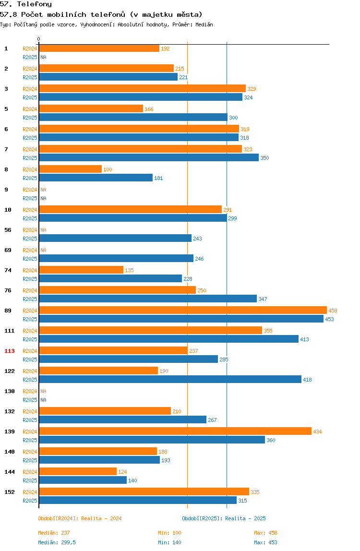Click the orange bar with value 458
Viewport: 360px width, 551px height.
pyautogui.click(x=183, y=310)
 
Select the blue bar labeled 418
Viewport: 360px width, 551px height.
pyautogui.click(x=170, y=380)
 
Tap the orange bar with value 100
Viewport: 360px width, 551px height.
pyautogui.click(x=70, y=169)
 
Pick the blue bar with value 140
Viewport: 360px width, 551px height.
pyautogui.click(x=83, y=480)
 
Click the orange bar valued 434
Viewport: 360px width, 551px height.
pyautogui.click(x=175, y=431)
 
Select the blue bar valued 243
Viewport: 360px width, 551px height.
pyautogui.click(x=115, y=238)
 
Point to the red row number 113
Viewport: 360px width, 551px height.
pyautogui.click(x=10, y=351)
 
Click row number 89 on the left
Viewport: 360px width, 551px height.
pyautogui.click(x=8, y=311)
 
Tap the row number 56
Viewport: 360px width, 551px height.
pyautogui.click(x=8, y=230)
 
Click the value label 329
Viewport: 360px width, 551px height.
pyautogui.click(x=252, y=88)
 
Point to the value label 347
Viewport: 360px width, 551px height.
pyautogui.click(x=263, y=299)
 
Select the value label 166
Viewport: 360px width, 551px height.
pyautogui.click(x=149, y=109)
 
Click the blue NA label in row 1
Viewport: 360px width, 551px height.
pyautogui.click(x=43, y=57)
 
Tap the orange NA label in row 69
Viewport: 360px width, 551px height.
pyautogui.click(x=43, y=250)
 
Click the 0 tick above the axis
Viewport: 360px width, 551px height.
pyautogui.click(x=39, y=39)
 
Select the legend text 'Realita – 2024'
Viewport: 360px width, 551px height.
pyautogui.click(x=102, y=518)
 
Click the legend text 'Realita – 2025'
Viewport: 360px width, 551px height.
pyautogui.click(x=245, y=518)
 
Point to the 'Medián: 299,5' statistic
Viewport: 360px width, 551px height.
pyautogui.click(x=57, y=542)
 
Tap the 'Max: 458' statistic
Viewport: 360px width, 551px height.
pyautogui.click(x=265, y=533)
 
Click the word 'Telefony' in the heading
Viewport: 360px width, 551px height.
pyautogui.click(x=35, y=4)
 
